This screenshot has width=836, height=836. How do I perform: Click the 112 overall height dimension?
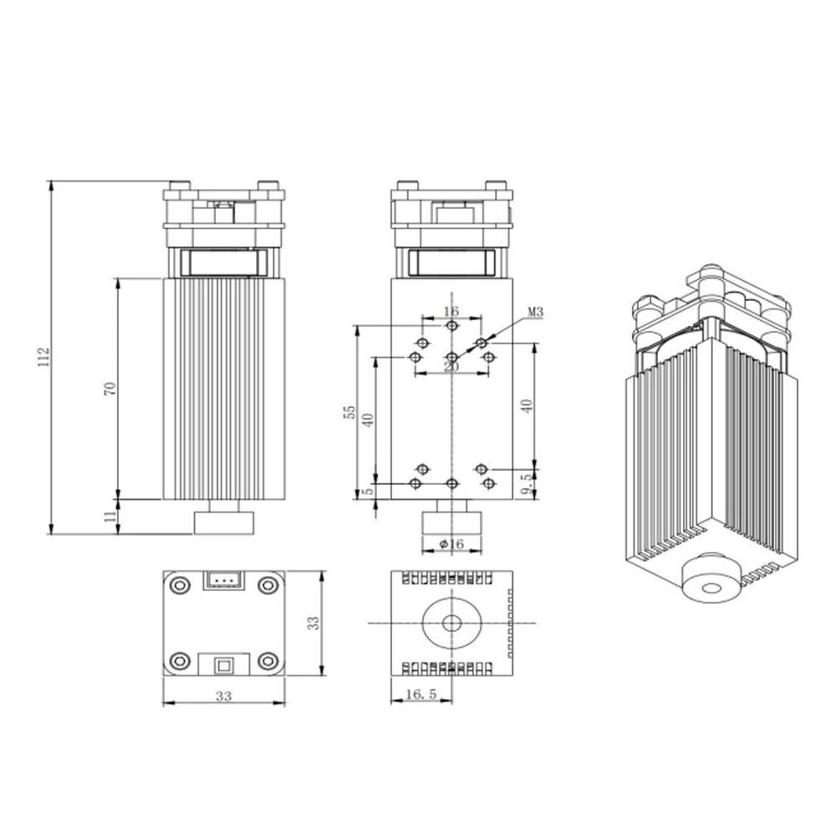click(45, 357)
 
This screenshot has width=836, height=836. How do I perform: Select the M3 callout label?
click(536, 313)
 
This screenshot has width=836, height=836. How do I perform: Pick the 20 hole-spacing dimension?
click(451, 366)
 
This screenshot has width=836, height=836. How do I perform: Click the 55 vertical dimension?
click(351, 411)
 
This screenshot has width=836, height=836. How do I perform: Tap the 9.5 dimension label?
click(525, 484)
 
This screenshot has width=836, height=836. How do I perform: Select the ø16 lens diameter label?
click(451, 544)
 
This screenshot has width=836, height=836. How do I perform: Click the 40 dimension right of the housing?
click(526, 405)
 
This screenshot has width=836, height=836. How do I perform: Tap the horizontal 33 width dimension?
click(222, 696)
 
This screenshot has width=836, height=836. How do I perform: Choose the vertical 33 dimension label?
click(313, 623)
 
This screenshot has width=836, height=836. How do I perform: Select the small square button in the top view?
click(223, 665)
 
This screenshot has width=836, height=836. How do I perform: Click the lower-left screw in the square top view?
click(178, 661)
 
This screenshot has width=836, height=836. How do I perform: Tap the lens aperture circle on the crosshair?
click(451, 623)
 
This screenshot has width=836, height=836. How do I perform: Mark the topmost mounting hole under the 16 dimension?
click(451, 325)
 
